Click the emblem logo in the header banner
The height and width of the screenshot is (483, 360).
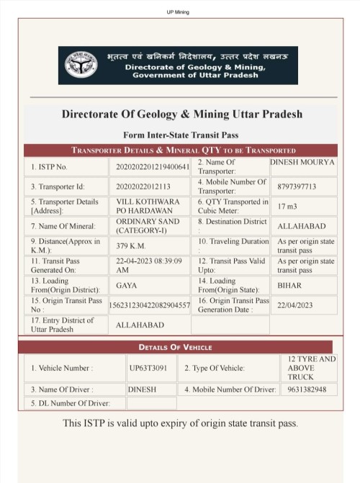point(81,66)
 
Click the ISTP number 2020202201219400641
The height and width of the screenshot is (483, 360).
point(153,167)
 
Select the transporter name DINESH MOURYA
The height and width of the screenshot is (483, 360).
point(302,163)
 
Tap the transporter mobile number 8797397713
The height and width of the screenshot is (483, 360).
point(297,186)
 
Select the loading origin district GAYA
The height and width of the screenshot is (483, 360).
point(127,285)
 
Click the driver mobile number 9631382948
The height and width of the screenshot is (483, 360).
point(307,389)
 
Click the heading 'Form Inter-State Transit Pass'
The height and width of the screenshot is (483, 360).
point(181,135)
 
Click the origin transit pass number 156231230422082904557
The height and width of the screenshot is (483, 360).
point(153,305)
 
